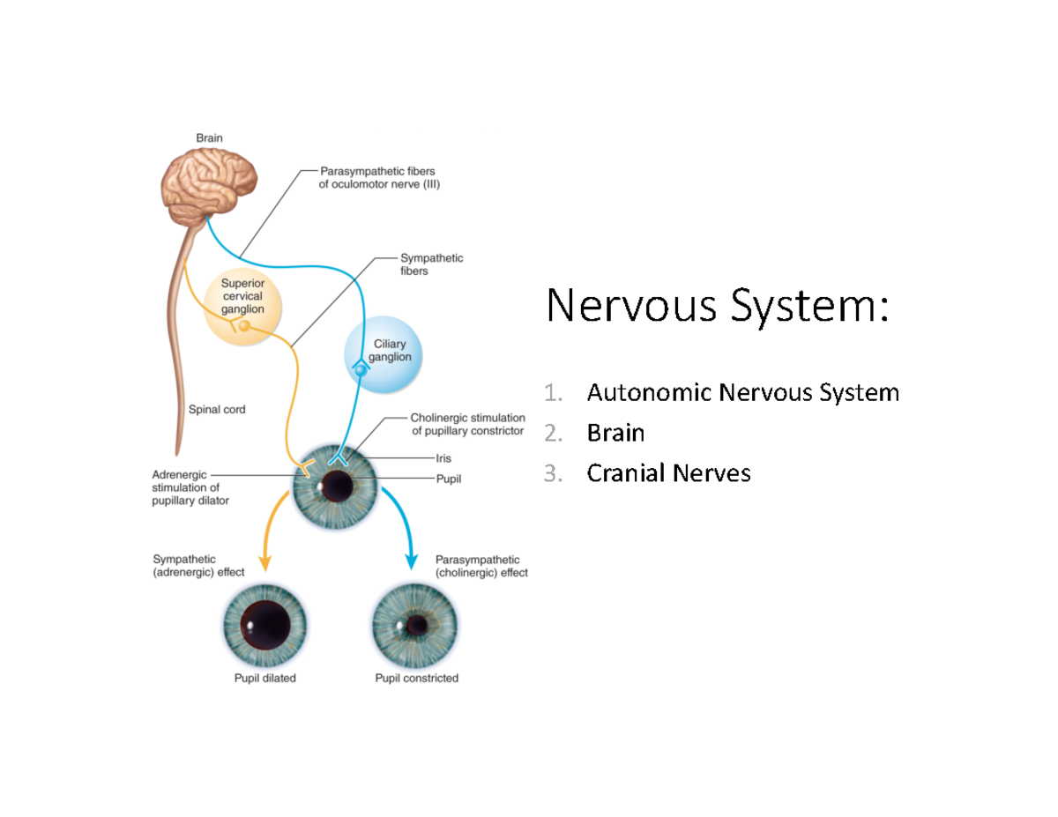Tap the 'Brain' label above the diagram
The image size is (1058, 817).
(209, 137)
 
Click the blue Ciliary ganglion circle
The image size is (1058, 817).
(383, 356)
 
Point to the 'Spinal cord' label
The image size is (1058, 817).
(217, 410)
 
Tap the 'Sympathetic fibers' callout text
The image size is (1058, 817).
(431, 264)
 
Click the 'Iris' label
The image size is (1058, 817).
(443, 458)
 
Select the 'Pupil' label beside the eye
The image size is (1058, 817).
(448, 479)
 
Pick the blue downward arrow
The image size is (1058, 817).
(401, 529)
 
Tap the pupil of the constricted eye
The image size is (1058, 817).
(416, 625)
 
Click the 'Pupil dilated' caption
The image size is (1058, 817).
(264, 679)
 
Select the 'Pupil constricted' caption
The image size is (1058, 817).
(416, 679)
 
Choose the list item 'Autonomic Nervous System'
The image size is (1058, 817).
(742, 392)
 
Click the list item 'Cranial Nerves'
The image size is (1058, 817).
(668, 474)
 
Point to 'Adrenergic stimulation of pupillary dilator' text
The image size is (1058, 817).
(190, 487)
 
